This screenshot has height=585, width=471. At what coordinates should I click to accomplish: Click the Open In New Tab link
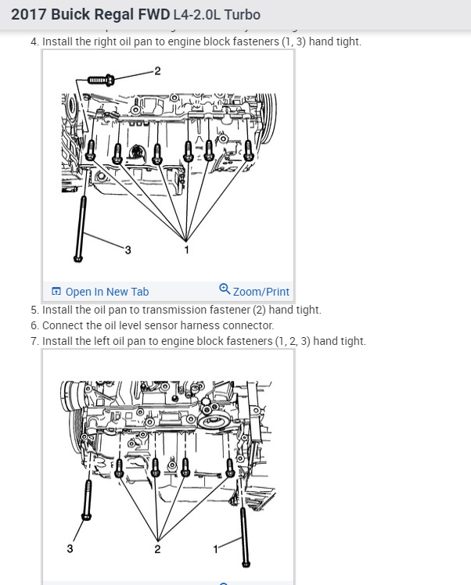click(100, 292)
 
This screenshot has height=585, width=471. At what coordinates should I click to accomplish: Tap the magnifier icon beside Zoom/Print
click(225, 289)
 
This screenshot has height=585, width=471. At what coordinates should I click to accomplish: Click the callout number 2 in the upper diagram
click(157, 71)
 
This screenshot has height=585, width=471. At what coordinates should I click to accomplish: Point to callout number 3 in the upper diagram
click(128, 250)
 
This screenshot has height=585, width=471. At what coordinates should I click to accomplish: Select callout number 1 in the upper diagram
click(187, 249)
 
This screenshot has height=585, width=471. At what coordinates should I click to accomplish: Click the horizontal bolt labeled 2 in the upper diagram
click(100, 81)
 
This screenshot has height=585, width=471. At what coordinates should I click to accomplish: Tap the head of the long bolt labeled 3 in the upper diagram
click(78, 258)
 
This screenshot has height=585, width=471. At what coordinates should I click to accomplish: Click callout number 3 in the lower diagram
click(70, 548)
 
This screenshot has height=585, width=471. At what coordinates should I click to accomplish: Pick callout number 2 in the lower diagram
click(157, 549)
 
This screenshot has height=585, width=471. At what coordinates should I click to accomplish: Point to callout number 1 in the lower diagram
click(215, 549)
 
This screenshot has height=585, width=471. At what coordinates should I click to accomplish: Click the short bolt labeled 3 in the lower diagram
click(87, 500)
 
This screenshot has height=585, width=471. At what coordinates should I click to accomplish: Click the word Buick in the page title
click(70, 15)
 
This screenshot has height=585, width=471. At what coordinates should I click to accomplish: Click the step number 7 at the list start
click(34, 341)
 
